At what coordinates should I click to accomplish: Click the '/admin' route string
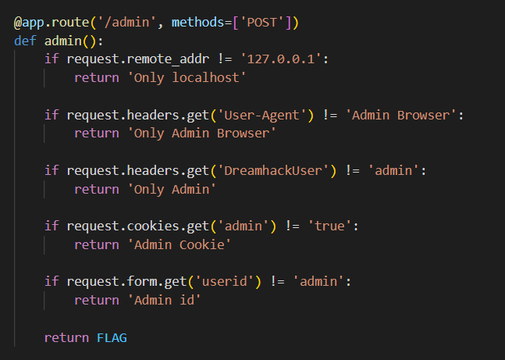125,22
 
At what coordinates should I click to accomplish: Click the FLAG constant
112,338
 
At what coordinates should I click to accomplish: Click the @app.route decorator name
48,22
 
